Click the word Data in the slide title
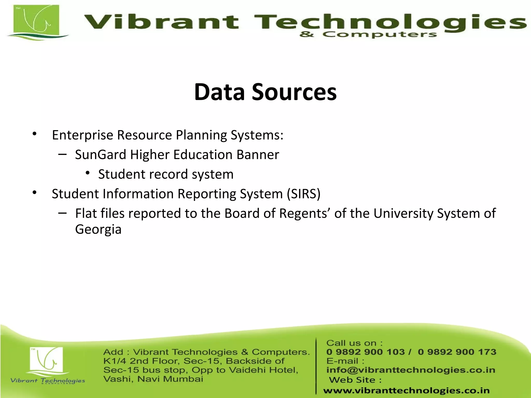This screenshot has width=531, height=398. (x=219, y=92)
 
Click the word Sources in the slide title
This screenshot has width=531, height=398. (x=294, y=92)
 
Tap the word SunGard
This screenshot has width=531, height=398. (x=101, y=155)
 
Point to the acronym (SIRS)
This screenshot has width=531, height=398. (x=304, y=194)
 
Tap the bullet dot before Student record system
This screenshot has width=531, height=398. (x=88, y=173)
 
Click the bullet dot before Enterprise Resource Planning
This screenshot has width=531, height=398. (x=34, y=134)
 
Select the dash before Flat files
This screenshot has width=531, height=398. (x=62, y=213)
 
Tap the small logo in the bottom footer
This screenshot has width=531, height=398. (x=46, y=360)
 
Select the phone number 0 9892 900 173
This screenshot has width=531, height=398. (x=457, y=352)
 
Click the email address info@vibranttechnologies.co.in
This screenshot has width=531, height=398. (x=411, y=370)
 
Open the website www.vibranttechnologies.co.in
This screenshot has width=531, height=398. (x=406, y=390)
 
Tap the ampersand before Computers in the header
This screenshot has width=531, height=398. (x=306, y=34)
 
